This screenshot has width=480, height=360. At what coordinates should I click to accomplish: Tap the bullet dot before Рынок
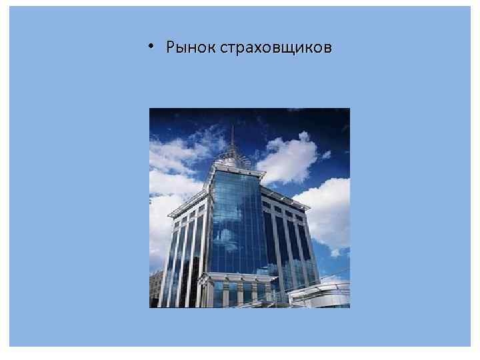[x=153, y=47]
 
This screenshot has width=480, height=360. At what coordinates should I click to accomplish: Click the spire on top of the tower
[x=231, y=137]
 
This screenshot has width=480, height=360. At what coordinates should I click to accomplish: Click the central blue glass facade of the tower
[x=237, y=220]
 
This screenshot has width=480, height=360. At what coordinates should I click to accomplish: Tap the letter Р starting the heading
[x=171, y=48]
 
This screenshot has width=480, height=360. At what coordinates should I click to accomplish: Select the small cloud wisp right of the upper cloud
[x=326, y=155]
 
